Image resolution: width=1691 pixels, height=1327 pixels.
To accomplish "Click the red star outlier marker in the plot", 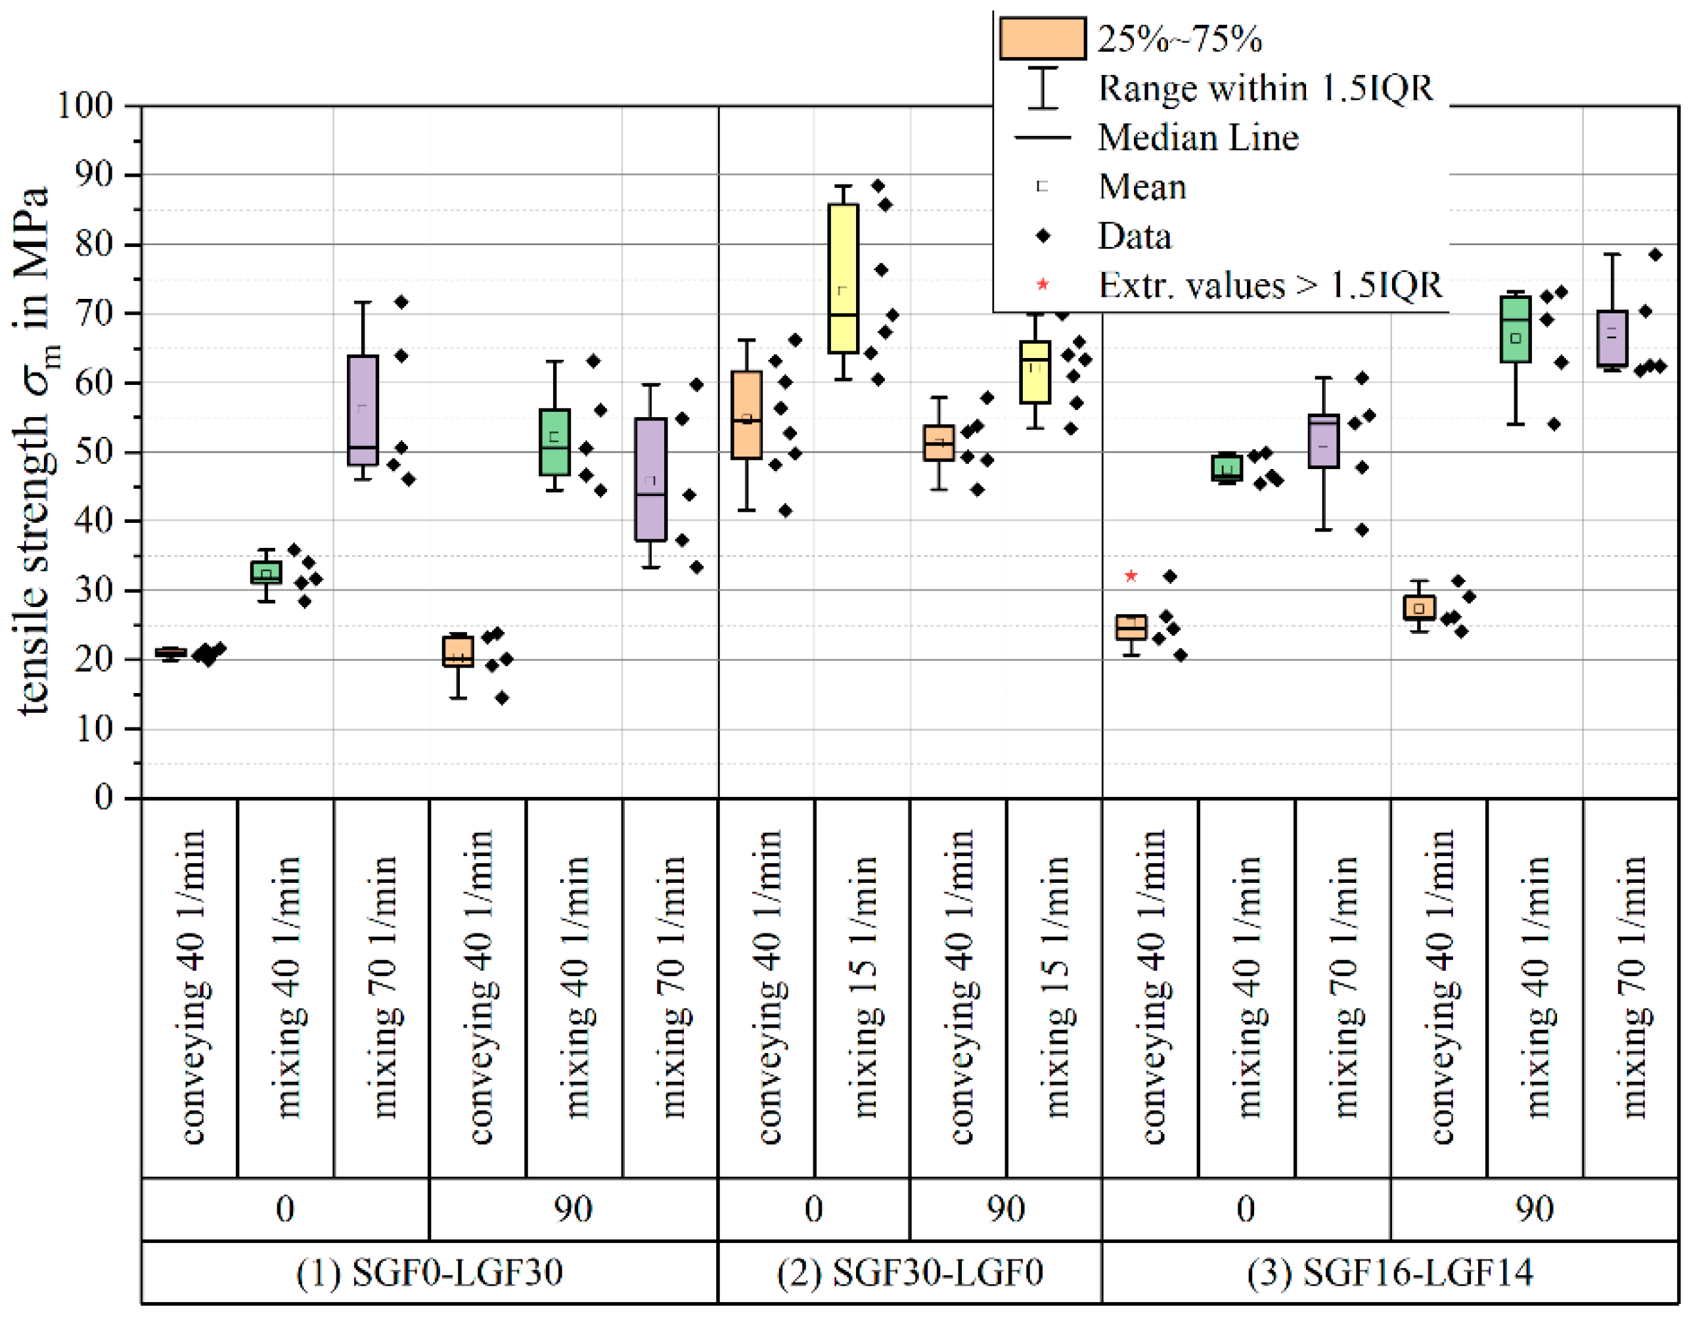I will [x=1131, y=575].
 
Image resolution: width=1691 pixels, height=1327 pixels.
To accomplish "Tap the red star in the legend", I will [x=1043, y=285].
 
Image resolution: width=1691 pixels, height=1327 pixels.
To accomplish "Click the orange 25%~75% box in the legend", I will [x=1043, y=38].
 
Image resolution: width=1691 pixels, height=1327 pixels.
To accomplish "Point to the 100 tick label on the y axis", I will [x=85, y=105].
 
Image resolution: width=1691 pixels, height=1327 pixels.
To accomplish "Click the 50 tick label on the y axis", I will [x=94, y=451].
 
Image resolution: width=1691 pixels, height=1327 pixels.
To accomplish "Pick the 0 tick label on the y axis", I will [x=103, y=797].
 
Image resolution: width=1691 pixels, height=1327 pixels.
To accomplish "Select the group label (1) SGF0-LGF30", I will [x=429, y=1272].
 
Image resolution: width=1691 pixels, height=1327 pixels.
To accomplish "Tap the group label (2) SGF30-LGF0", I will [x=910, y=1272].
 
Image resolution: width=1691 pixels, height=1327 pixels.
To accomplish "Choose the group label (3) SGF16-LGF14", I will [x=1389, y=1272].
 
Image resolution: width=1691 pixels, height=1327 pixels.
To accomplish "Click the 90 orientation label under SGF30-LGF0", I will [x=1006, y=1209].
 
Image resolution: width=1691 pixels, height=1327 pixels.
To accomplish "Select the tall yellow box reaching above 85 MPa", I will [x=843, y=278].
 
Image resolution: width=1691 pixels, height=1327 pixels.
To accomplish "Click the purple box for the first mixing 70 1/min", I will [x=363, y=410].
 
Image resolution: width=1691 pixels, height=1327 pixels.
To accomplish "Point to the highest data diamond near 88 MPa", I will [x=878, y=186].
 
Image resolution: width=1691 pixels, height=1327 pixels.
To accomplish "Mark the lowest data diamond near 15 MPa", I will [x=502, y=698].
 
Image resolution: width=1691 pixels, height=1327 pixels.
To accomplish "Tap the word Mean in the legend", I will [x=1142, y=187].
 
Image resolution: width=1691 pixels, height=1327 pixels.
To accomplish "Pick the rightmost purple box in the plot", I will [x=1612, y=338].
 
